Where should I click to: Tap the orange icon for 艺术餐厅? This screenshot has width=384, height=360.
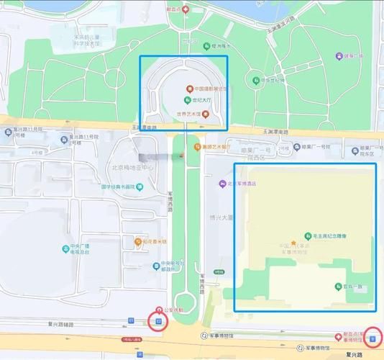[x=196, y=147]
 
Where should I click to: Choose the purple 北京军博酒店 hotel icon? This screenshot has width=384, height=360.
[x=222, y=184]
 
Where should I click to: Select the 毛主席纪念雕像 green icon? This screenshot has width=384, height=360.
[x=308, y=235]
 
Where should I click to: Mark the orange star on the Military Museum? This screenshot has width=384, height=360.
[x=293, y=243]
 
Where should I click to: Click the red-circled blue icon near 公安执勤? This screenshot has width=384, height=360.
[x=158, y=320]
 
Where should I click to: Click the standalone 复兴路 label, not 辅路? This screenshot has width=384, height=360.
[x=352, y=355]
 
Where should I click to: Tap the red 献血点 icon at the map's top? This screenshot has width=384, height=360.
[x=186, y=9]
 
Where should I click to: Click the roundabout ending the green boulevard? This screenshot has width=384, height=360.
[x=187, y=301]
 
